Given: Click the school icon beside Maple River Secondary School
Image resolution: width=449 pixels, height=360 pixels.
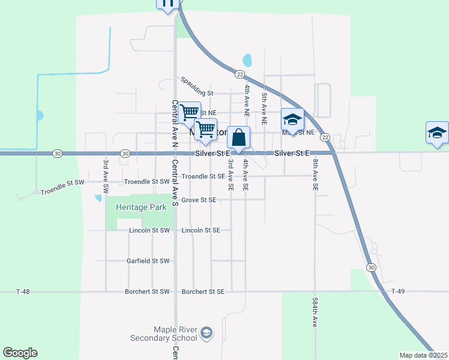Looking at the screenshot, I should tap(206, 333).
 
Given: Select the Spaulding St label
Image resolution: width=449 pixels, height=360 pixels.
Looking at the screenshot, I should tap(197, 94).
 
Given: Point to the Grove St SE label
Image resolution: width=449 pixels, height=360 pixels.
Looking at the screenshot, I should tap(199, 200).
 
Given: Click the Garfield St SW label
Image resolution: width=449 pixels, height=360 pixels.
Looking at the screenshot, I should tap(148, 261).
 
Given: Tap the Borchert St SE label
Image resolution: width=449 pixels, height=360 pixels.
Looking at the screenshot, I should tap(202, 292).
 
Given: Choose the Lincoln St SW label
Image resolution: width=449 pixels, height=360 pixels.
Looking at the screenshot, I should tap(149, 230).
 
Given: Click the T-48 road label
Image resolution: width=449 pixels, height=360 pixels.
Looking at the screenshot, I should tap(22, 292).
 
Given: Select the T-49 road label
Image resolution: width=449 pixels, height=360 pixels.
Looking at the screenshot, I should tap(399, 292).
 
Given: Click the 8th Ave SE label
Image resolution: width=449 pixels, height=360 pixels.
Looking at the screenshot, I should tap(315, 175).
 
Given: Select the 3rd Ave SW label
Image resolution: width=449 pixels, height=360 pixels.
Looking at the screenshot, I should tap(106, 176).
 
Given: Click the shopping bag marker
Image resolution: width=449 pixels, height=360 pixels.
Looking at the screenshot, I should tap(239, 138).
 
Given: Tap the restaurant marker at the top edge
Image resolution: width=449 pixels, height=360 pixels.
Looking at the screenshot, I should tap(167, 4).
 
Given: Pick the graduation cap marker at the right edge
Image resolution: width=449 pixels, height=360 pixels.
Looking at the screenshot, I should tap(436, 133).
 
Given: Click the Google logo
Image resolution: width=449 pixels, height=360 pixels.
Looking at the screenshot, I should tap(20, 353).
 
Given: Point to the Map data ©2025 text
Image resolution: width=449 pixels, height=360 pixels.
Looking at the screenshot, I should tap(423, 355).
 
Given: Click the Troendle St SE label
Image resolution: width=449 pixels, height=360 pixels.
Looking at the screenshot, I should tap(203, 176).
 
